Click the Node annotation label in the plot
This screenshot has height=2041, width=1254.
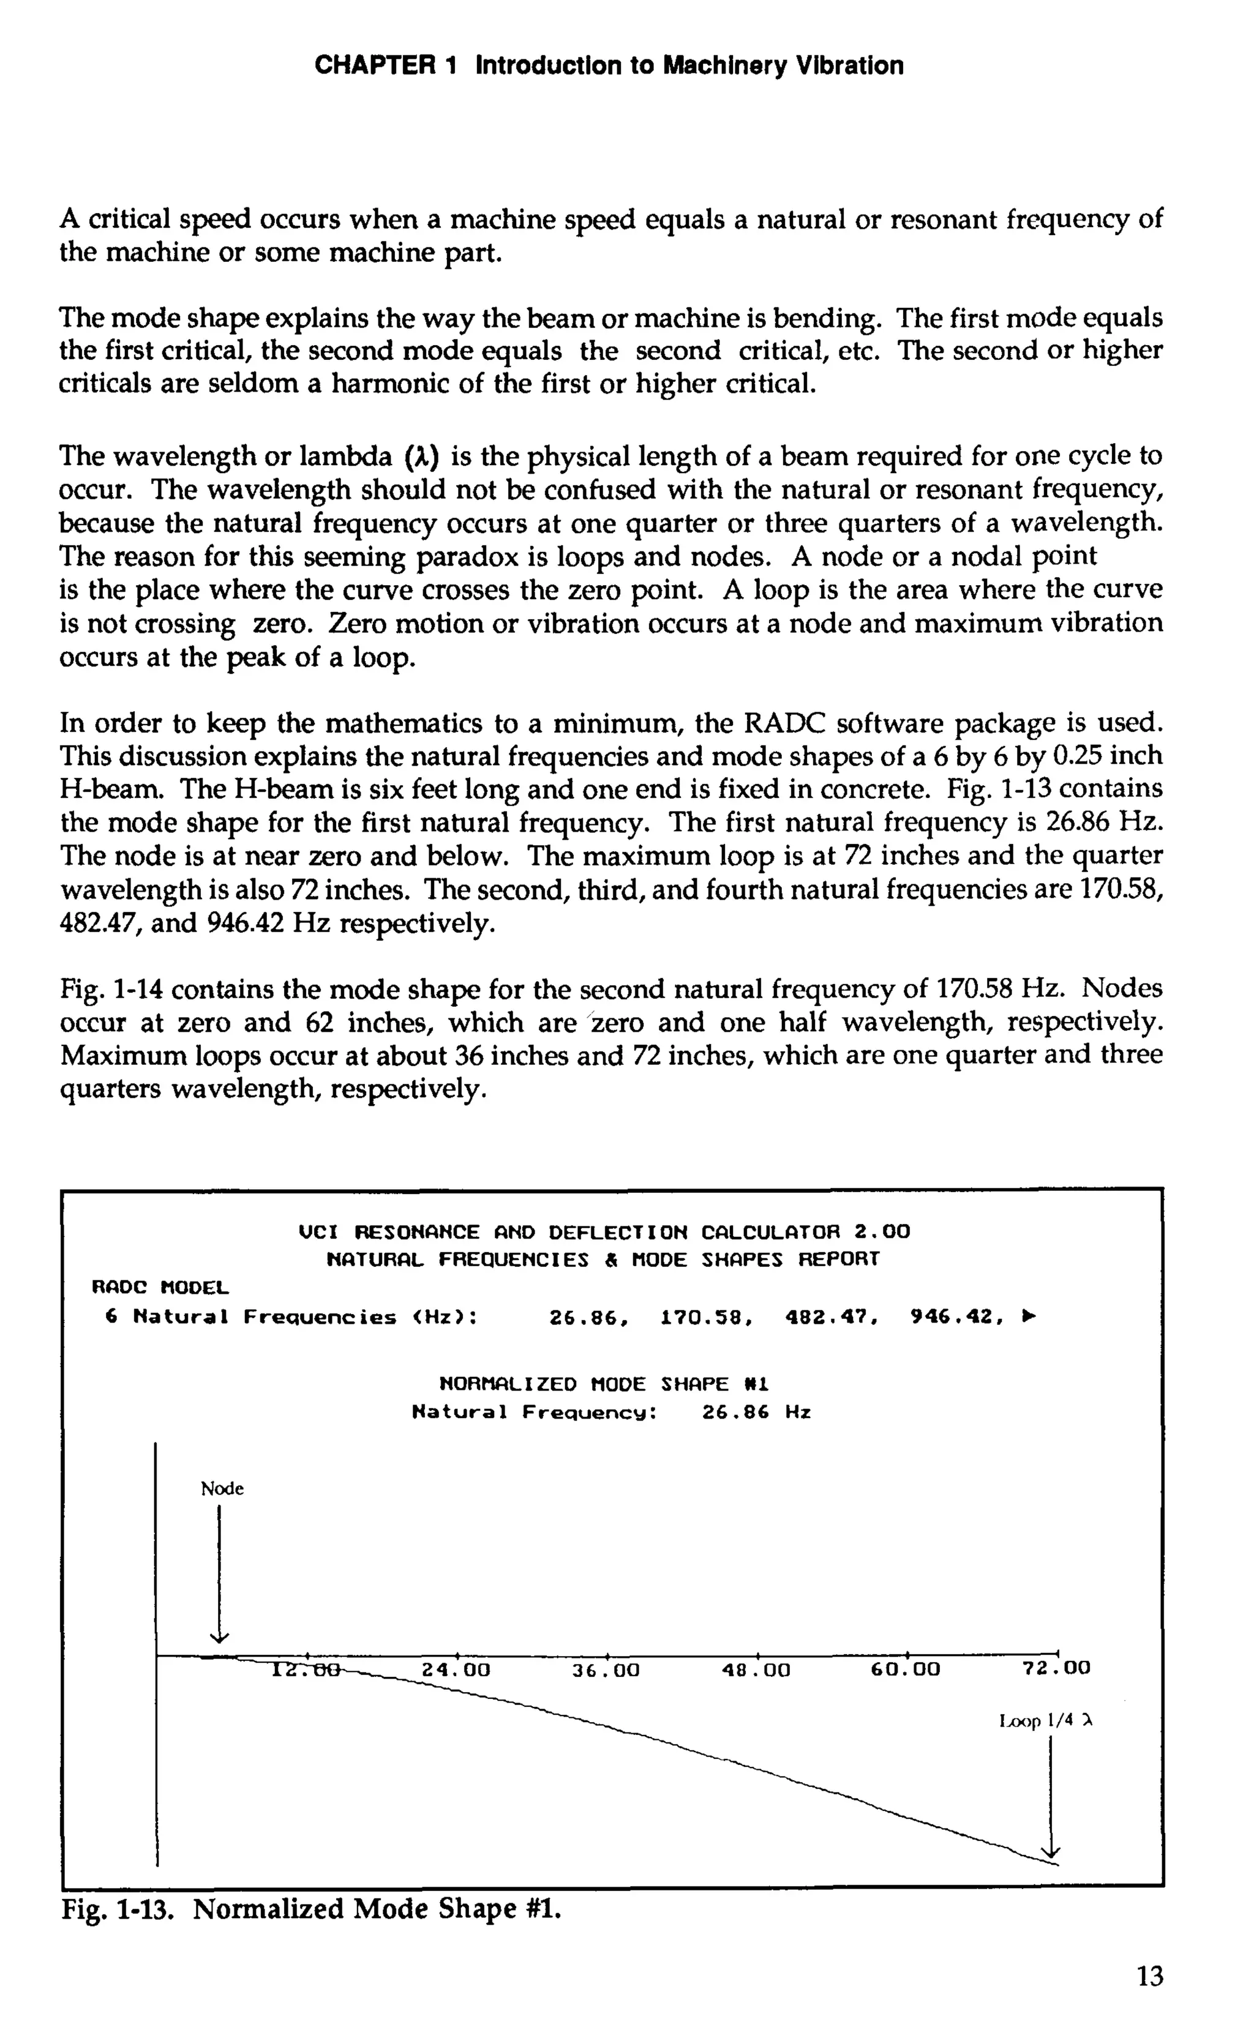point(222,1489)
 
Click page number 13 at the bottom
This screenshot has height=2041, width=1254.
point(1149,1978)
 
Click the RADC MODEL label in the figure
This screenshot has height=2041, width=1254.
point(159,1288)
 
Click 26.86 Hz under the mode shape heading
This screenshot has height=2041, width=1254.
point(756,1412)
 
